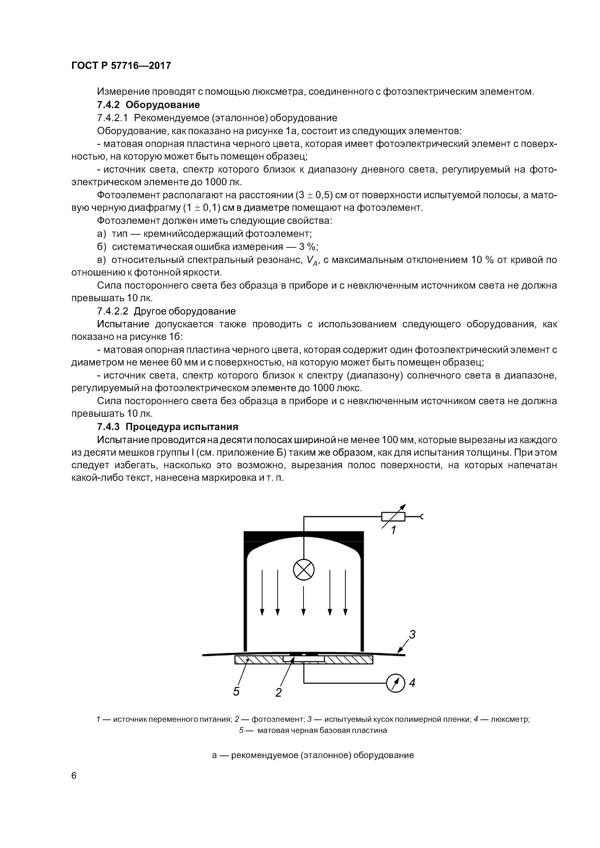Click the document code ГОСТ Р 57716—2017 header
coord(121,66)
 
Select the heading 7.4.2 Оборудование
coord(148,105)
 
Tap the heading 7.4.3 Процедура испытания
coord(167,427)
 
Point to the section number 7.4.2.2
coord(112,311)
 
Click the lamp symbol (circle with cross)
coord(304,569)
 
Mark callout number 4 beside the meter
coord(412,683)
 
